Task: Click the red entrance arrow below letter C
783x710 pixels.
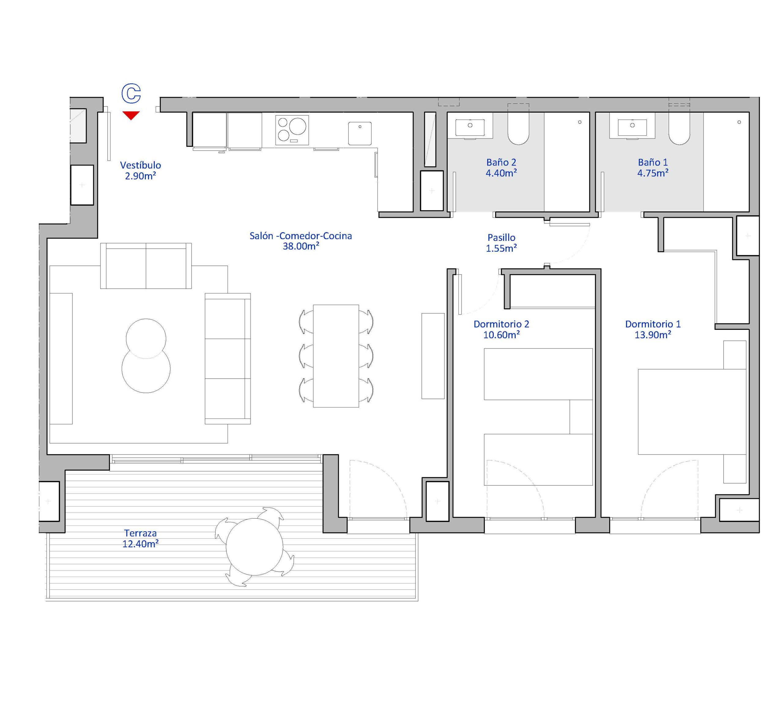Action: pos(131,115)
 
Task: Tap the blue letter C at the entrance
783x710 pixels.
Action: pos(131,94)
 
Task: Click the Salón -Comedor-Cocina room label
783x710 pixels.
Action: pos(301,241)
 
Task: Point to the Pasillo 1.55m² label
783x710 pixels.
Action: pos(501,243)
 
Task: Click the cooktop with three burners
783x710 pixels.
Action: pos(292,130)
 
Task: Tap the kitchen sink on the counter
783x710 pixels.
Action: pos(360,133)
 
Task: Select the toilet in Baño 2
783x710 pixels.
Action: pos(518,124)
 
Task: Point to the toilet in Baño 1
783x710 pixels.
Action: pos(679,124)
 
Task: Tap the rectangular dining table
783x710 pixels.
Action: pos(336,356)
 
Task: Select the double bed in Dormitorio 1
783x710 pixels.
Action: pos(692,412)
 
